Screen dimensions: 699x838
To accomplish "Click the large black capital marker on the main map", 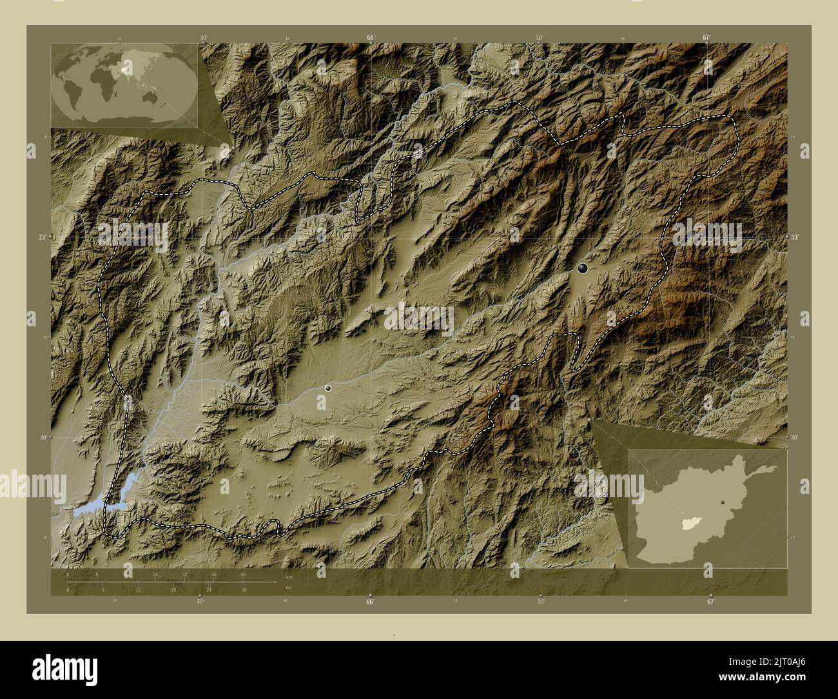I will pyautogui.click(x=583, y=268).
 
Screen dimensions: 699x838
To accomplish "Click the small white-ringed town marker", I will pyautogui.click(x=329, y=388).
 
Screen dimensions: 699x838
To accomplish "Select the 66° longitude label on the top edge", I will pyautogui.click(x=371, y=38).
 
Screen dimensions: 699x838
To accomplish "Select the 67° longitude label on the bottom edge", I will pyautogui.click(x=710, y=602).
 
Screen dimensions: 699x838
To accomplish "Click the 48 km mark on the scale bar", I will pyautogui.click(x=243, y=574).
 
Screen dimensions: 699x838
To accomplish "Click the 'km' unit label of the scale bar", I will pyautogui.click(x=289, y=578).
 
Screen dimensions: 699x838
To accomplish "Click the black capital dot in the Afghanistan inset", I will pyautogui.click(x=724, y=502).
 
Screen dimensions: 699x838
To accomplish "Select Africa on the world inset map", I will pyautogui.click(x=102, y=81).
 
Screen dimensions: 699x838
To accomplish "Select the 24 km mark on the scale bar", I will pyautogui.click(x=155, y=574).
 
